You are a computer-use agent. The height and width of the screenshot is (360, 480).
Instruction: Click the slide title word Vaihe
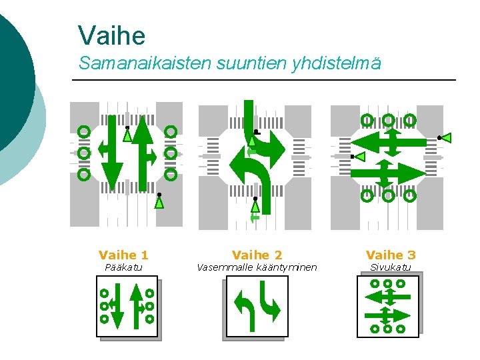coord(111,35)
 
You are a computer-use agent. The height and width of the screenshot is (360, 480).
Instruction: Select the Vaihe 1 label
coord(123,255)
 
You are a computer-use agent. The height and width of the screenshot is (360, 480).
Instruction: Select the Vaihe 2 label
coord(257,255)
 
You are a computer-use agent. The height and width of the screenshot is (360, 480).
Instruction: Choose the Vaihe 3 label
coord(391,255)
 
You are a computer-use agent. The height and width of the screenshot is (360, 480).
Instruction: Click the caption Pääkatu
coord(124,268)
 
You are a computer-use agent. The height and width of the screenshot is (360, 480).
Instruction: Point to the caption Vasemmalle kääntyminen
coord(257,268)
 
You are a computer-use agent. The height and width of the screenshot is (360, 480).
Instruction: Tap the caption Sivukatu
coord(391,268)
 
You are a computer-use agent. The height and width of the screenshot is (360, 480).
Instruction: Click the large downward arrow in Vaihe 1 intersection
coord(114,157)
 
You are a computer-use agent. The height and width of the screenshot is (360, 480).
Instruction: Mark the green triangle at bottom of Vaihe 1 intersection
coord(159,201)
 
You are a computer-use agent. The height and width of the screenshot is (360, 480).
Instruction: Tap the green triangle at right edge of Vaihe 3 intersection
coord(446,138)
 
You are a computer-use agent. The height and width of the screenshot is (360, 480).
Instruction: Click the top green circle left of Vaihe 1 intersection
coord(84,131)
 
